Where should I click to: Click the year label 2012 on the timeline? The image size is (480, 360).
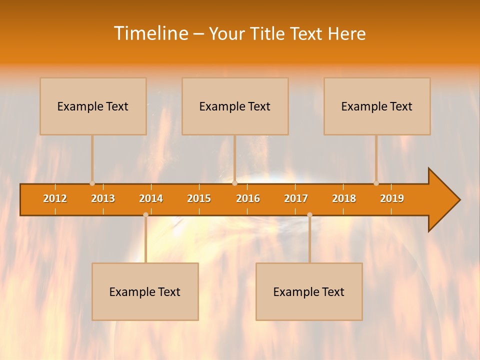tap(55, 198)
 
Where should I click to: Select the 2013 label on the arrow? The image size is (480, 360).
tap(103, 198)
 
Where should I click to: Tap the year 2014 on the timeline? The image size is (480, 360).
tap(151, 198)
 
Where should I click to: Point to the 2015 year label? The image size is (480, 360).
tap(199, 198)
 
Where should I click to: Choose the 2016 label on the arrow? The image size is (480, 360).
tap(248, 198)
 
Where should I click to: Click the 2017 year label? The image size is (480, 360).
tap(296, 198)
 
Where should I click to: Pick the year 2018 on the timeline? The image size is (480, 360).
tap(344, 198)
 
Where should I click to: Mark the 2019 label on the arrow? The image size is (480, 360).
tap(392, 198)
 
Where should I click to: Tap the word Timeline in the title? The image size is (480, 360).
tap(150, 33)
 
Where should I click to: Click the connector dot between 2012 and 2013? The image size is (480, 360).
tap(92, 183)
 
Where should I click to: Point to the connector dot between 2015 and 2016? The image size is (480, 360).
tap(234, 183)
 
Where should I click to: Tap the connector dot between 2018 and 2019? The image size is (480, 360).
tap(376, 183)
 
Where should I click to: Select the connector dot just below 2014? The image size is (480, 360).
tap(145, 215)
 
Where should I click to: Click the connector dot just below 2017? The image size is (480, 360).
tap(309, 215)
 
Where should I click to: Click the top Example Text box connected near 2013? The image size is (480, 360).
tap(93, 106)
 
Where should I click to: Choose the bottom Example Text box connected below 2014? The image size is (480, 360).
tap(145, 291)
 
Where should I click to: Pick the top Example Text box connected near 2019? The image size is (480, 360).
tap(377, 106)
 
